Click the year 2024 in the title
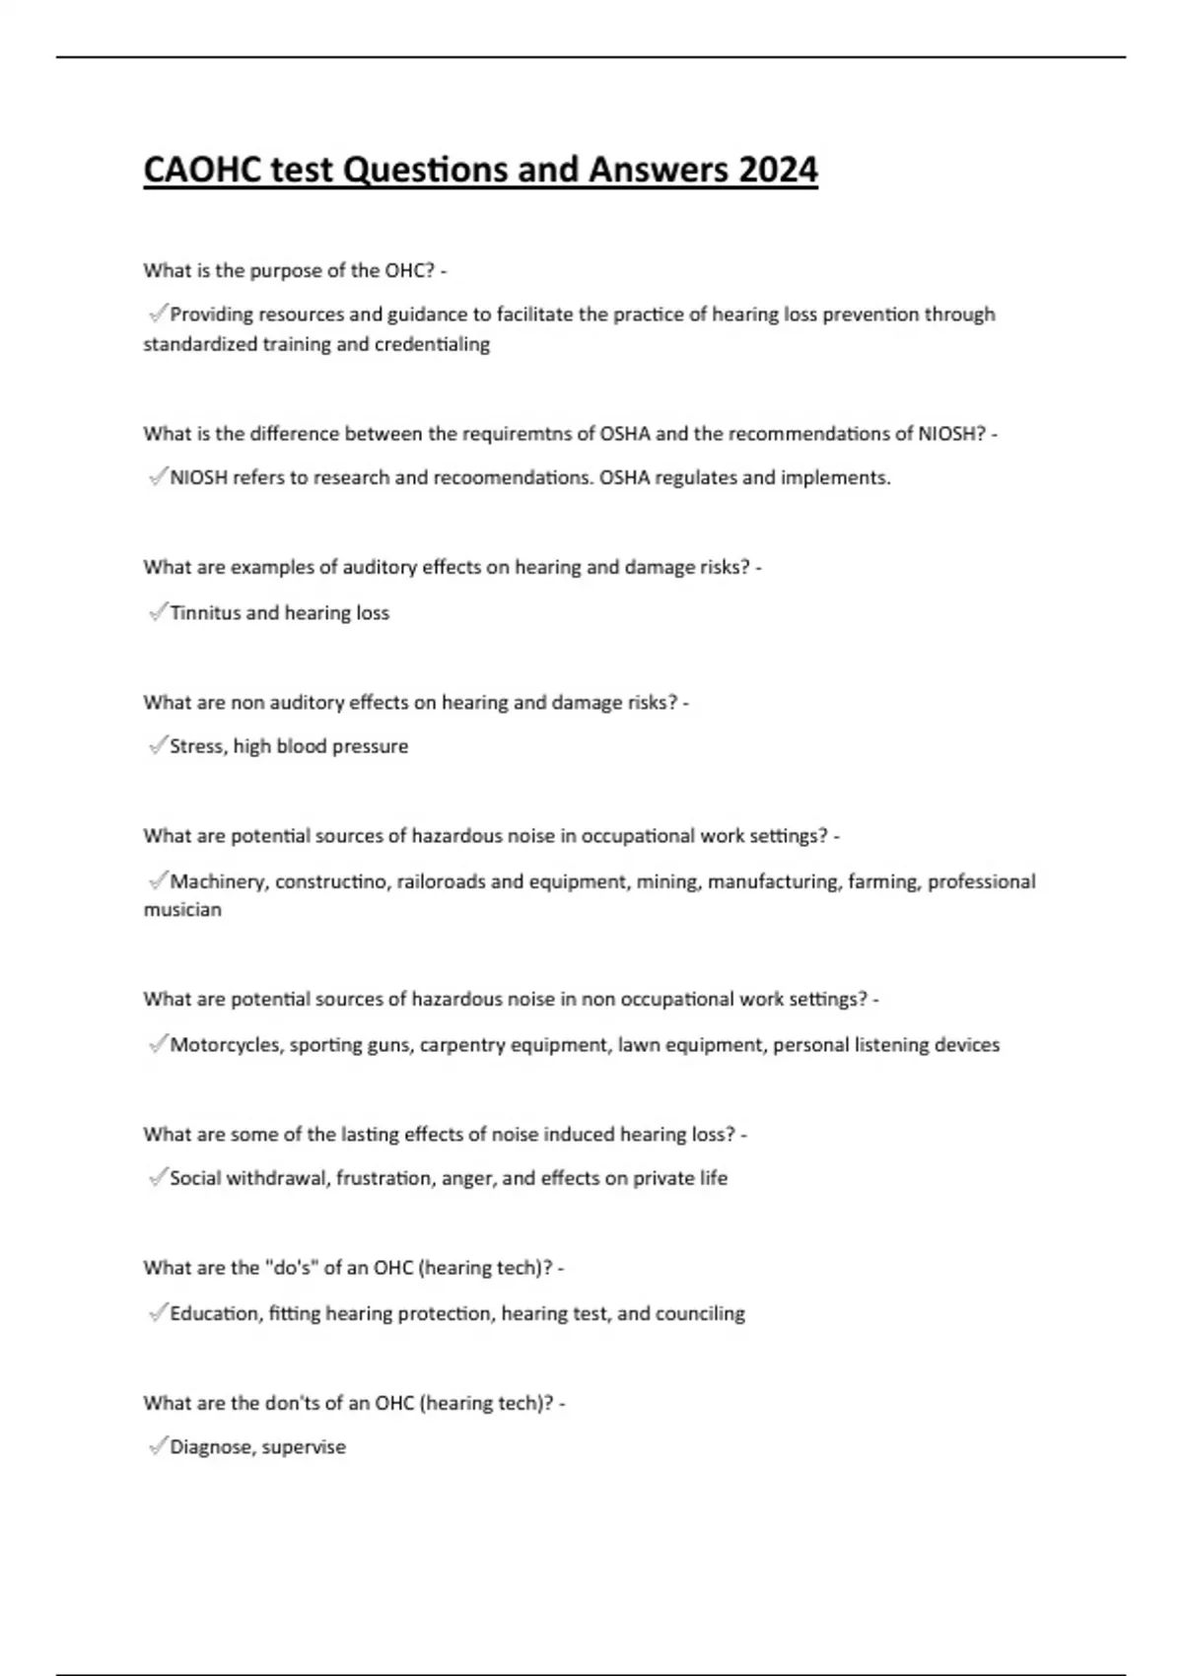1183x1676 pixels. [778, 170]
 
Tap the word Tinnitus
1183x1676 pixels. [205, 612]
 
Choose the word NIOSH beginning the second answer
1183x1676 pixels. [198, 478]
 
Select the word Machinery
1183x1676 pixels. [218, 881]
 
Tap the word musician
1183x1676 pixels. [182, 910]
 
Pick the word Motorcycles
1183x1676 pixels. [226, 1045]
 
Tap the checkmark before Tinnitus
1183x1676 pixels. [157, 612]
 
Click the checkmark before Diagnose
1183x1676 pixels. [157, 1446]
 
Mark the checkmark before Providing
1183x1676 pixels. [157, 314]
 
